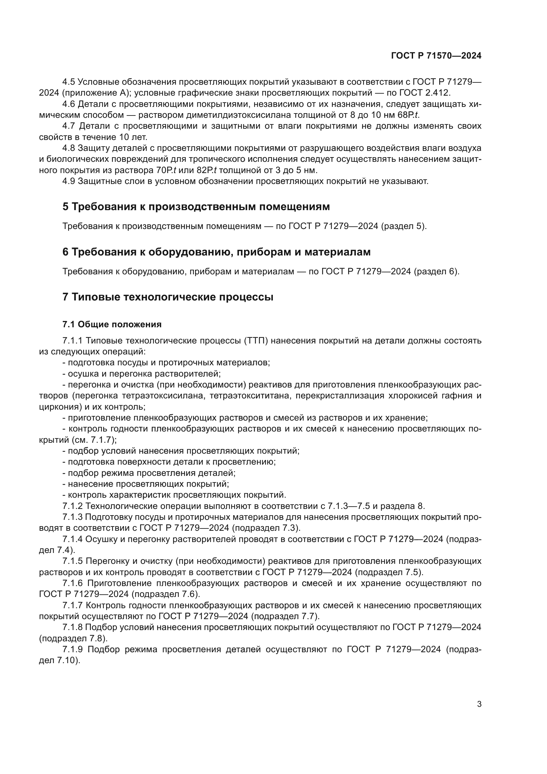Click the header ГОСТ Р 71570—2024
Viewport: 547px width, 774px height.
point(436,56)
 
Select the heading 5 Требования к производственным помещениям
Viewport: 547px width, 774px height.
point(196,206)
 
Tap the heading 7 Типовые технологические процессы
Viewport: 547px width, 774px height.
point(168,297)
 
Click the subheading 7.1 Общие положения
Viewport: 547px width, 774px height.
point(112,324)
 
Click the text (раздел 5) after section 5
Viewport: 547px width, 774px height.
point(404,226)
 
